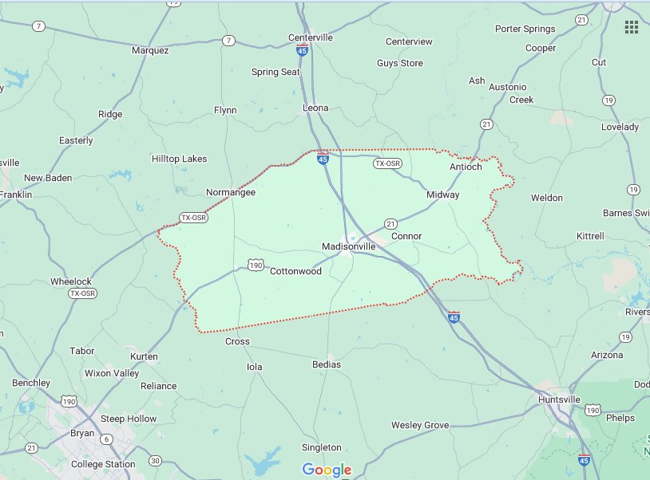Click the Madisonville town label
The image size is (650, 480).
point(348,247)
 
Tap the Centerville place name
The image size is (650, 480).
point(311,37)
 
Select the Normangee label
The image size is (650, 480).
point(231,192)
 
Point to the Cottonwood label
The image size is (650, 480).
point(295,271)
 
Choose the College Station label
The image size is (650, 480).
point(103,464)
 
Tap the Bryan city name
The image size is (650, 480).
point(82,434)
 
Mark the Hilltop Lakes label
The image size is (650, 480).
point(180,159)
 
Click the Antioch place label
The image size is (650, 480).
point(466,167)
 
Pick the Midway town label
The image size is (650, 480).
point(443,195)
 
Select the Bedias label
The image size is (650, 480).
point(327,364)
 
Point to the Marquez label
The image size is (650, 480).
point(150,50)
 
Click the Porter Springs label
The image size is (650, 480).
point(525,30)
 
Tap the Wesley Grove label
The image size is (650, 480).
point(420,425)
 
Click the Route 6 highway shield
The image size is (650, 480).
point(106,439)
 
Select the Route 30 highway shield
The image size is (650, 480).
point(155,460)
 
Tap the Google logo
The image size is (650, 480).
point(327,470)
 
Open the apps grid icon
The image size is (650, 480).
point(631,27)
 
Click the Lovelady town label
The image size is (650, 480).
point(620,127)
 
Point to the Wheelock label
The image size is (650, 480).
point(71,281)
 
